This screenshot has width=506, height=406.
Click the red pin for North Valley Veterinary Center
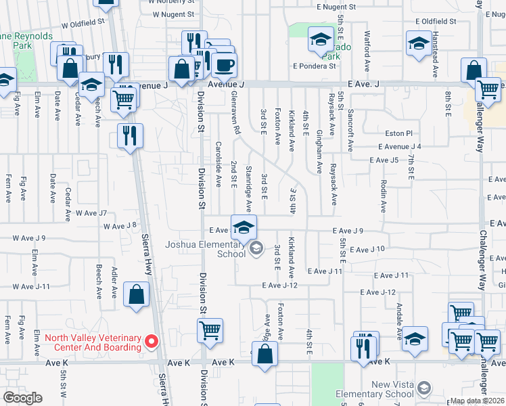(152, 341)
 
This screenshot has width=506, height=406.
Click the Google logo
(23, 398)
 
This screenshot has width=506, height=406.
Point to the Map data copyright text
(476, 401)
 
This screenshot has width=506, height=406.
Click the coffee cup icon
(224, 66)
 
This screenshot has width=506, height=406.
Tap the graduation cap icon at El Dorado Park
(320, 40)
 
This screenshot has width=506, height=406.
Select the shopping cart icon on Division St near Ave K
(210, 331)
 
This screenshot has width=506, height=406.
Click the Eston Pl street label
(400, 134)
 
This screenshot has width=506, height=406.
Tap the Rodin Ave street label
(384, 196)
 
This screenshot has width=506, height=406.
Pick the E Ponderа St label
(315, 66)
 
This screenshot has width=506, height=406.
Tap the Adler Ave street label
(114, 284)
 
